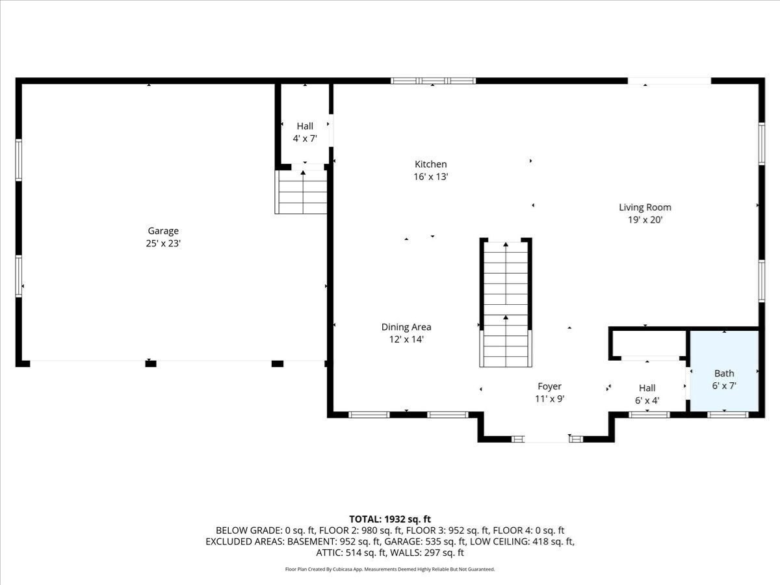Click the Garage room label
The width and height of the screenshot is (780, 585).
pyautogui.click(x=163, y=231)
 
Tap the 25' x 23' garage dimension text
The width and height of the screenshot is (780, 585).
pyautogui.click(x=163, y=244)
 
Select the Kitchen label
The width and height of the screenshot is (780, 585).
pyautogui.click(x=431, y=164)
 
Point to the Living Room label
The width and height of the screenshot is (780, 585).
pyautogui.click(x=645, y=207)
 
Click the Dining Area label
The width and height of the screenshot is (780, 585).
pyautogui.click(x=406, y=327)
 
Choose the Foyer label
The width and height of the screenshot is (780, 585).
pyautogui.click(x=549, y=386)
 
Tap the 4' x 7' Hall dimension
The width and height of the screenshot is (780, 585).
pyautogui.click(x=305, y=138)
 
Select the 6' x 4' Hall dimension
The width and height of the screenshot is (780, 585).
pyautogui.click(x=647, y=400)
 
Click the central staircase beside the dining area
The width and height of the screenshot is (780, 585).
pyautogui.click(x=506, y=303)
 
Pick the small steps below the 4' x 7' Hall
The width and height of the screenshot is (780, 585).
pyautogui.click(x=302, y=192)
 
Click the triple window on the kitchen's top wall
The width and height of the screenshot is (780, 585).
pyautogui.click(x=433, y=81)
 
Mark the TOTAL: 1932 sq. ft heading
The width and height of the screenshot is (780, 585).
pyautogui.click(x=390, y=519)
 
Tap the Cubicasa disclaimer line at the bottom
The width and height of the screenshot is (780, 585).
pyautogui.click(x=390, y=569)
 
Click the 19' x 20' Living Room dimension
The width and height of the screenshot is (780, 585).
pyautogui.click(x=645, y=220)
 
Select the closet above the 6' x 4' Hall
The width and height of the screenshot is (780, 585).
pyautogui.click(x=648, y=343)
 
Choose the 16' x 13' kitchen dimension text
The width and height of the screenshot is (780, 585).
pyautogui.click(x=431, y=177)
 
